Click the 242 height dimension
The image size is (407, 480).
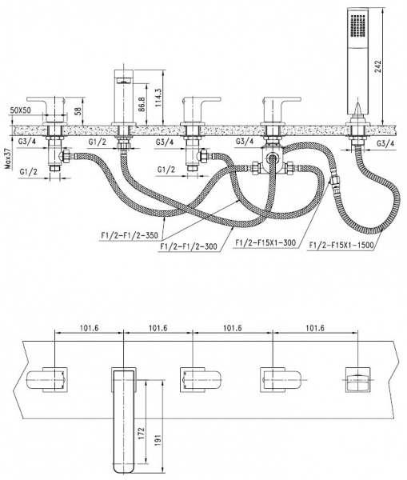(378, 66)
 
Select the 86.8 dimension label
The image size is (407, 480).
(141, 105)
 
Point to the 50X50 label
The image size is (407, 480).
(21, 110)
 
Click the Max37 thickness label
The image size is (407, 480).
(8, 159)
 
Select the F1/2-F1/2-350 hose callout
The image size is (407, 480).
(130, 235)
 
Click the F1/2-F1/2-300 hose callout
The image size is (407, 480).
(189, 246)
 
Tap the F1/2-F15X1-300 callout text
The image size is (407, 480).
(265, 242)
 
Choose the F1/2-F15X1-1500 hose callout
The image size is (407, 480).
(341, 245)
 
